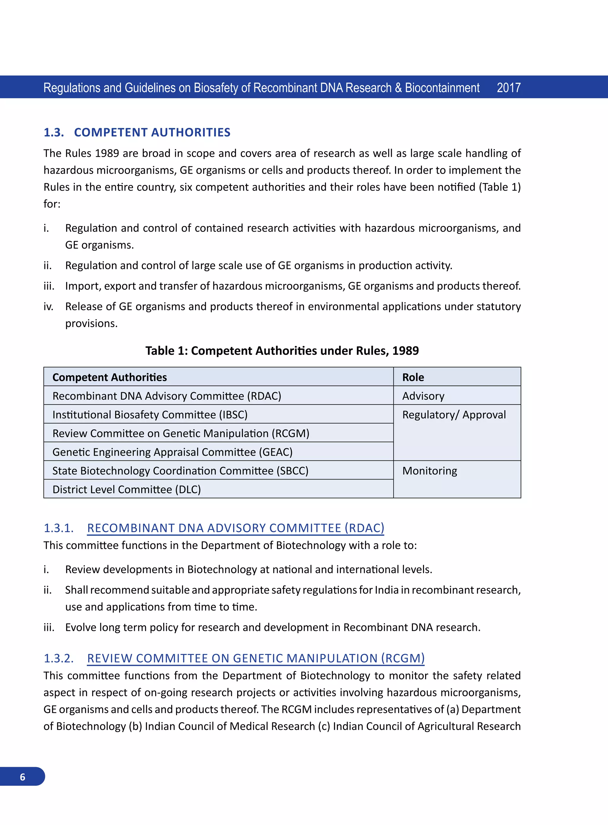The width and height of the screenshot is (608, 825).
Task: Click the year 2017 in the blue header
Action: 508,88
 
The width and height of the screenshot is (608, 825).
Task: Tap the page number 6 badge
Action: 23,777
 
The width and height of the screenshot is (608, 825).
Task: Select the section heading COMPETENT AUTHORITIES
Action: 152,132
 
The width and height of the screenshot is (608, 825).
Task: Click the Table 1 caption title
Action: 282,350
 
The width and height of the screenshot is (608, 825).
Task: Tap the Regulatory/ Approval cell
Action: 454,415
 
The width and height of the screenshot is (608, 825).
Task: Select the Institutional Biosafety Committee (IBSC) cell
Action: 150,414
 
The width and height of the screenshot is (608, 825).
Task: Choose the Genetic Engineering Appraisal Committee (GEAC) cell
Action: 172,452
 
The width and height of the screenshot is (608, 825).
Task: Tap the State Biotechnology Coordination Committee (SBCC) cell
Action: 180,470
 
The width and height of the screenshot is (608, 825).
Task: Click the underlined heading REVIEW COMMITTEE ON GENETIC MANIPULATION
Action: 256,658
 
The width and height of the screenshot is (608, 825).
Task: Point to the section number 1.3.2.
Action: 58,658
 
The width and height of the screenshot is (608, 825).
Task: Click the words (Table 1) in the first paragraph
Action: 499,187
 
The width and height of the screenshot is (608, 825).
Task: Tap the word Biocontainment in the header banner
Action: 442,88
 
